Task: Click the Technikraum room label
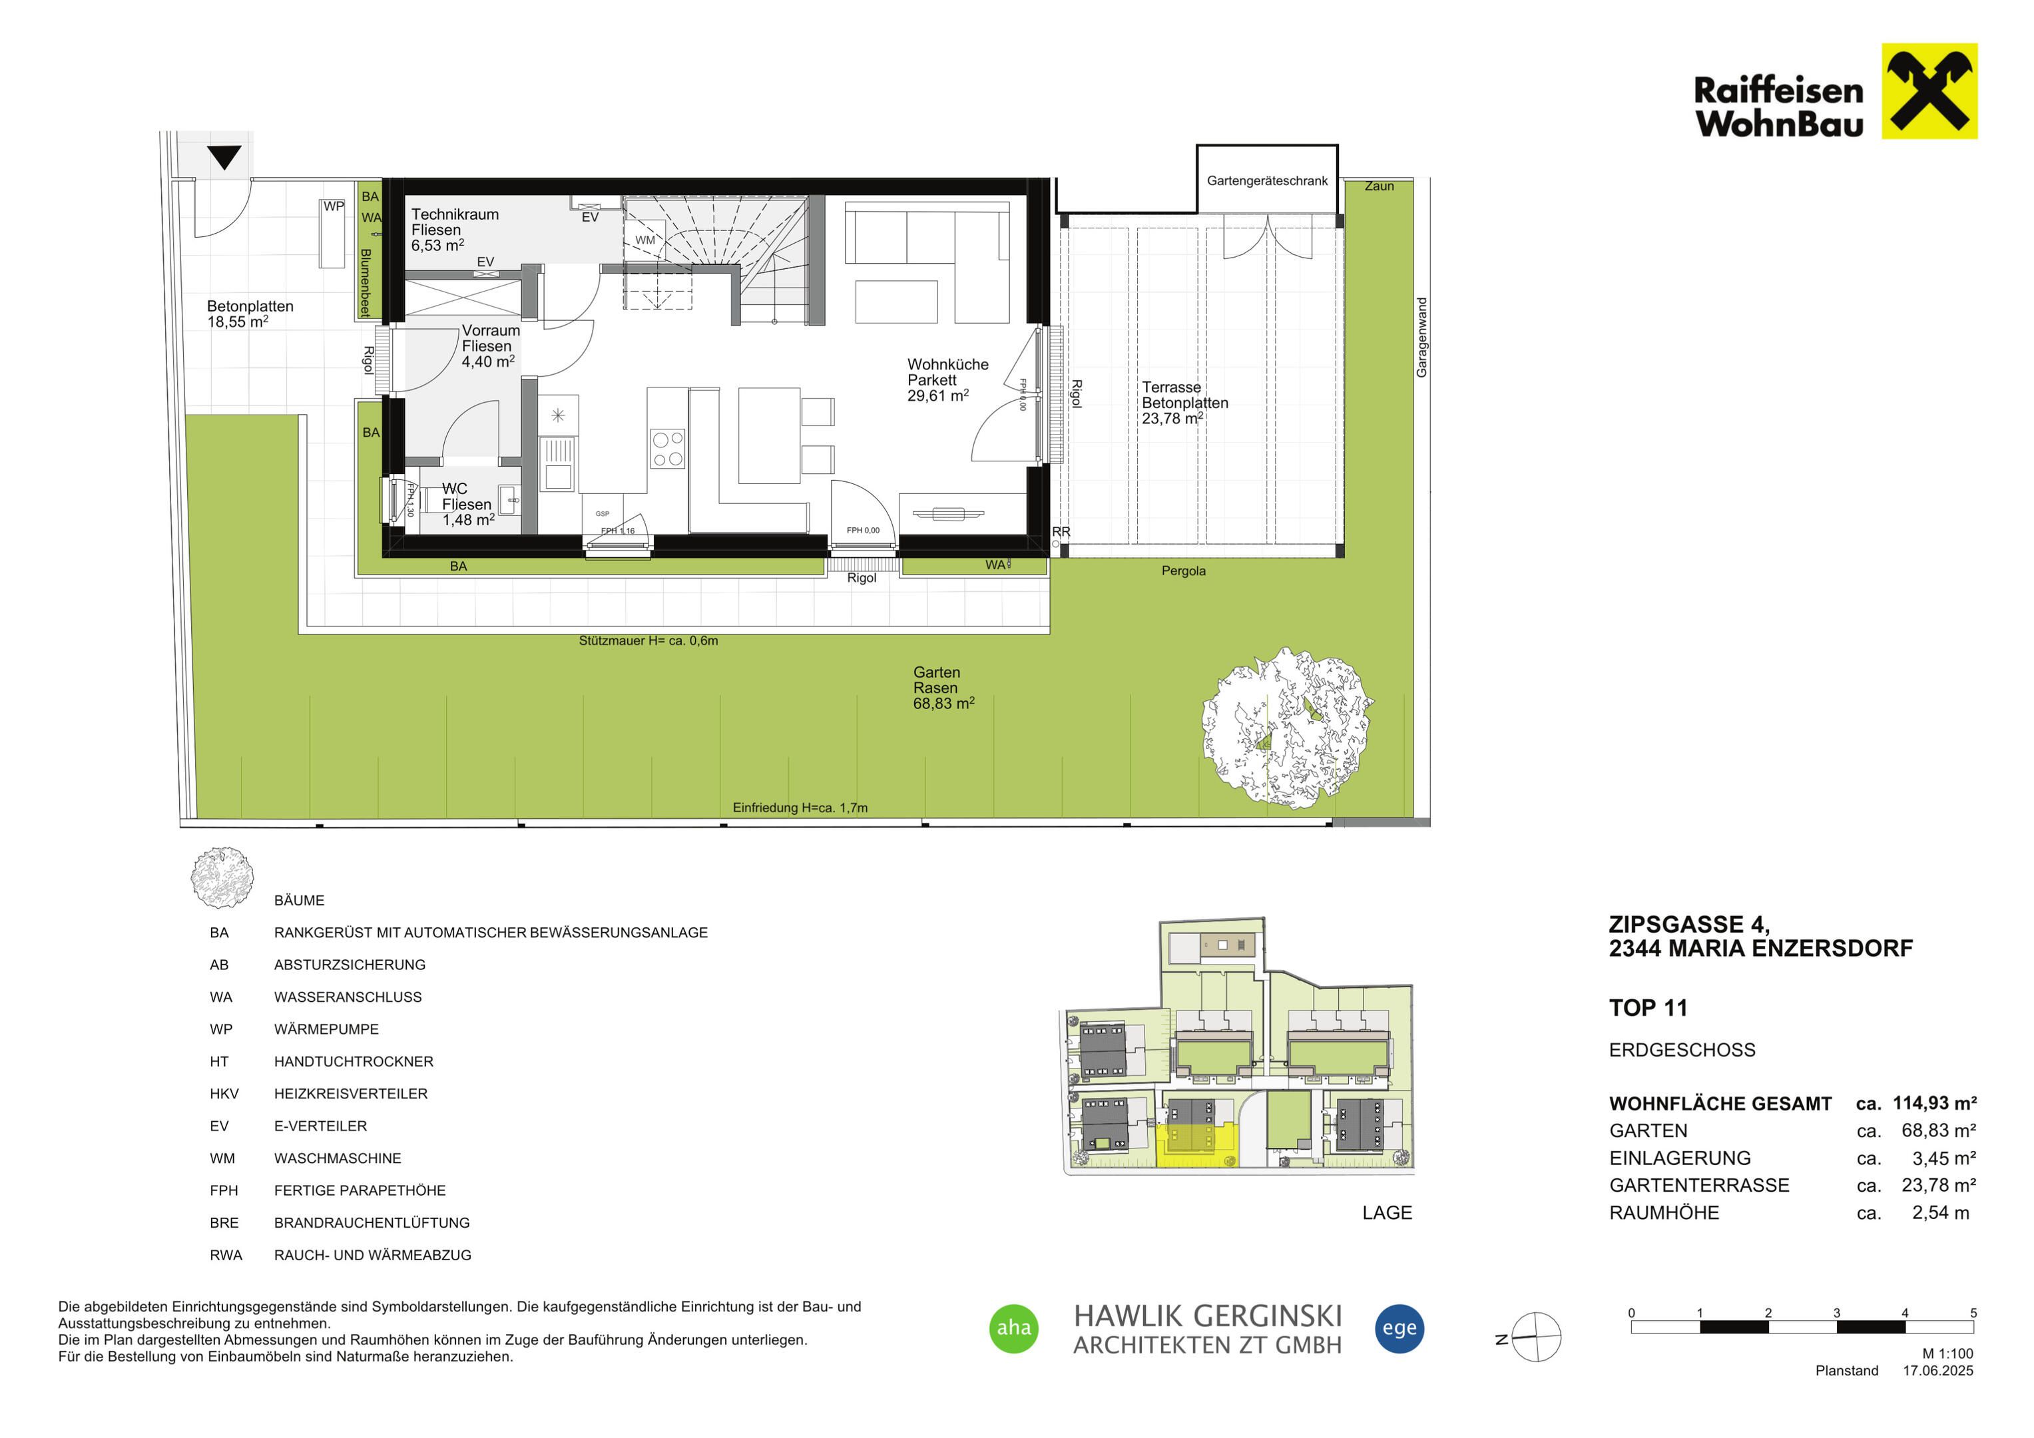tap(455, 214)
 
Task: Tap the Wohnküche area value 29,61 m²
tap(937, 396)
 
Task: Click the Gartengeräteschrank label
tap(1267, 180)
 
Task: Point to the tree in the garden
tap(1287, 728)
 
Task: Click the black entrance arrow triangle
tap(224, 158)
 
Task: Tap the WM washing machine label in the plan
tap(645, 240)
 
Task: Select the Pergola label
tap(1184, 571)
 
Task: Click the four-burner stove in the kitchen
tap(667, 448)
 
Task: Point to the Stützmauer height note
tap(648, 640)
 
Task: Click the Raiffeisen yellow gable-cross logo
tap(1929, 91)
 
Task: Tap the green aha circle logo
tap(1013, 1328)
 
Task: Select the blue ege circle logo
tap(1399, 1328)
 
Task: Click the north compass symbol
tap(1535, 1337)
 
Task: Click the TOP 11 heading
tap(1648, 1009)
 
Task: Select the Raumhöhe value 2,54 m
tap(1940, 1213)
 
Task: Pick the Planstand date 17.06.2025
tap(1938, 1371)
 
